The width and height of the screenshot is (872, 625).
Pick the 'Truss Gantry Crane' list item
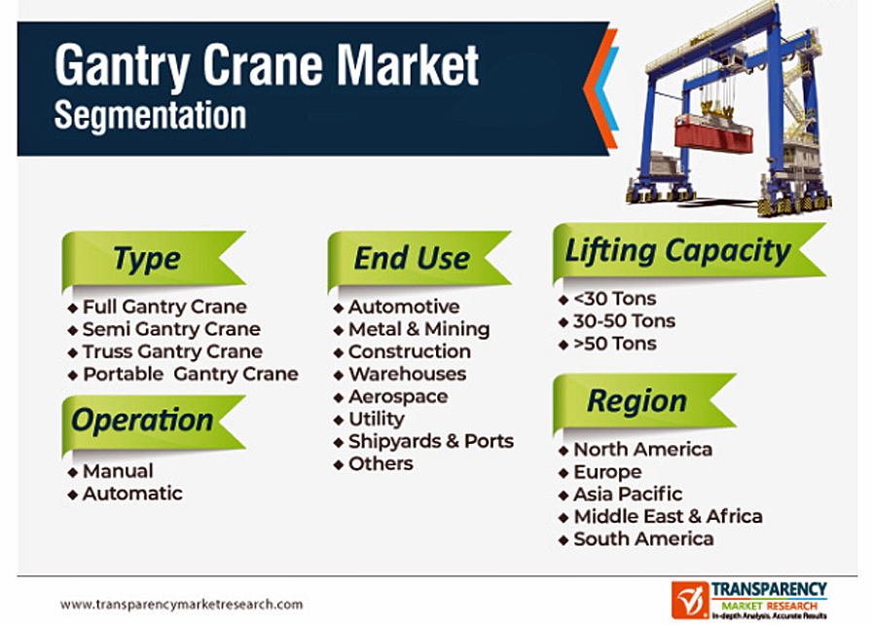172,351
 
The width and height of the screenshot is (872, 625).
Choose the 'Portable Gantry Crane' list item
191,374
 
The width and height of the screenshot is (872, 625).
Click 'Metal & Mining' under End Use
418,329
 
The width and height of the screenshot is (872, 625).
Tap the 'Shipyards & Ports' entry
431,441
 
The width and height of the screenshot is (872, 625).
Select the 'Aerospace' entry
398,396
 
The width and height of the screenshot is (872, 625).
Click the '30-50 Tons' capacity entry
624,321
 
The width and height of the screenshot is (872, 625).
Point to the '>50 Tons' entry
615,344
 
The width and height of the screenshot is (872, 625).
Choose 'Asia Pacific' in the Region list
628,494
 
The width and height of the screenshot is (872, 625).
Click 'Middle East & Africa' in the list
668,517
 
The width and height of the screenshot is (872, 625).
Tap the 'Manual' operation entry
118,471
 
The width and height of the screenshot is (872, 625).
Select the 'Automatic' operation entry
132,494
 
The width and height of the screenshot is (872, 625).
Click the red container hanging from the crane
713,133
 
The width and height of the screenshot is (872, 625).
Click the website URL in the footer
181,605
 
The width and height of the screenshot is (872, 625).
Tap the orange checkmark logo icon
690,600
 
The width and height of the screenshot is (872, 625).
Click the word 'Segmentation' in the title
150,116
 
